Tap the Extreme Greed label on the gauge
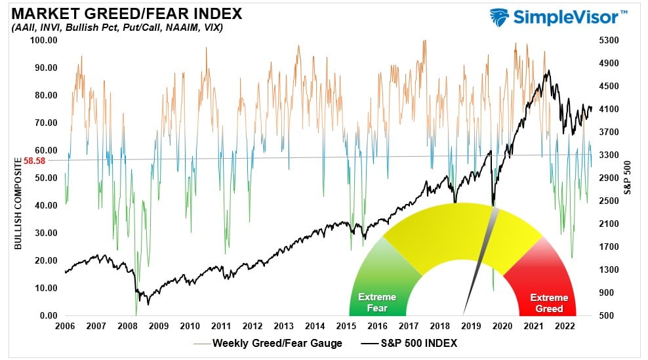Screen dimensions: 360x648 pyautogui.click(x=550, y=302)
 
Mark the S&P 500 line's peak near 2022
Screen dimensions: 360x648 pyautogui.click(x=548, y=71)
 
